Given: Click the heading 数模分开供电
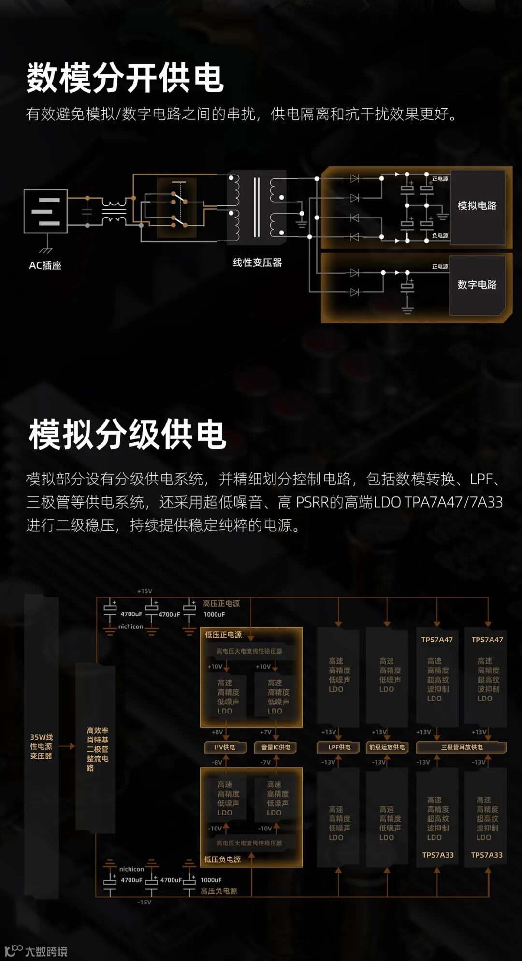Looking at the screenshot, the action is point(125,78).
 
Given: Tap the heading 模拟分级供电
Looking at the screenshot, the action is point(128,434).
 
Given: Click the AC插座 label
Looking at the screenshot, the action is point(45,265).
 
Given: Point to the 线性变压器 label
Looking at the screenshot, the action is point(257,262).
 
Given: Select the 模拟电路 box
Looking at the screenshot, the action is point(477,206).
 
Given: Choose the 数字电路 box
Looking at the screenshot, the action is point(477,285).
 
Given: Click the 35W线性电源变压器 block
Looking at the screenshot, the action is point(41,746).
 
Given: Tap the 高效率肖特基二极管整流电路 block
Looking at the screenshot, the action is point(96,749).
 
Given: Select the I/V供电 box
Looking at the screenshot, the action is point(225,747).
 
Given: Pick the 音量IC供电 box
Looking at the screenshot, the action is point(276,747).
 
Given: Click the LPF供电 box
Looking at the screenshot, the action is point(339,747).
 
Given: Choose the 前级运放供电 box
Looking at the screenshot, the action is point(387,747).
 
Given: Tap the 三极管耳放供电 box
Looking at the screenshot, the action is point(462,747).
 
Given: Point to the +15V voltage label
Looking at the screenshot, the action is point(145,591).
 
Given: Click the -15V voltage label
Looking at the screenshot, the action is point(145,902).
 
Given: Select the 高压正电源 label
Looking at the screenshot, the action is point(221,603).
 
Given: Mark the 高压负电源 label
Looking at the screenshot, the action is point(219,891).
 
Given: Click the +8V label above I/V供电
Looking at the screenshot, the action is point(217,732).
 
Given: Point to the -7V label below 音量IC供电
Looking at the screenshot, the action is point(265,762).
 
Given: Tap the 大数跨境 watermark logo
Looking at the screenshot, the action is point(36,951).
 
